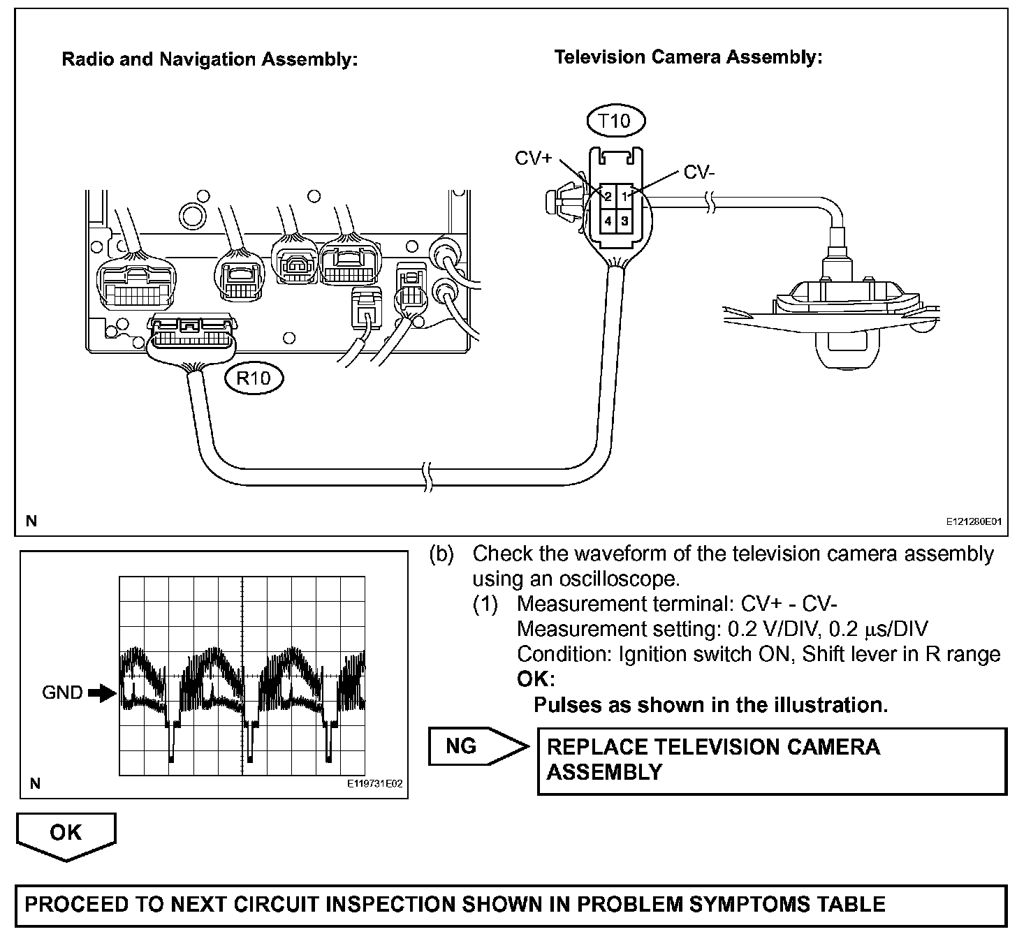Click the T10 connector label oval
click(615, 121)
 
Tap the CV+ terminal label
click(534, 158)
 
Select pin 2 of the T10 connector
click(608, 197)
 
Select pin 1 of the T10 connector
click(625, 197)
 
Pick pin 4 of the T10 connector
click(608, 221)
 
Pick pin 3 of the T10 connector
click(625, 221)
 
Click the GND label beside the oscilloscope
click(62, 692)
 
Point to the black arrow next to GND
click(102, 693)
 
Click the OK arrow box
click(66, 833)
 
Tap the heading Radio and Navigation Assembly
click(210, 59)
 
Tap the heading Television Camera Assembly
click(688, 57)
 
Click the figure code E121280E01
click(974, 521)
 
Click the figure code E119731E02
click(375, 784)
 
